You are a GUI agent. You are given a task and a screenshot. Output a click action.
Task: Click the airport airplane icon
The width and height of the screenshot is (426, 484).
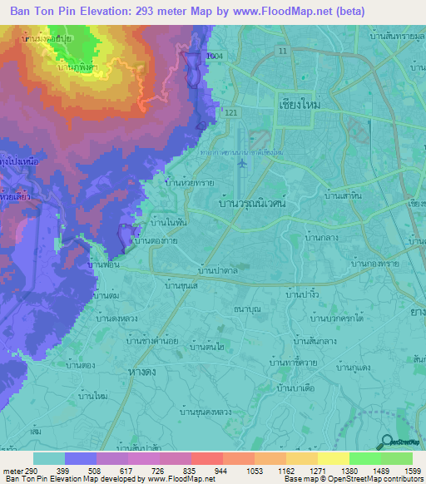pos(241,163)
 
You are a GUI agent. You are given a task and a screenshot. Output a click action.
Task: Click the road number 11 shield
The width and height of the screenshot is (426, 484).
pos(284,52)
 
